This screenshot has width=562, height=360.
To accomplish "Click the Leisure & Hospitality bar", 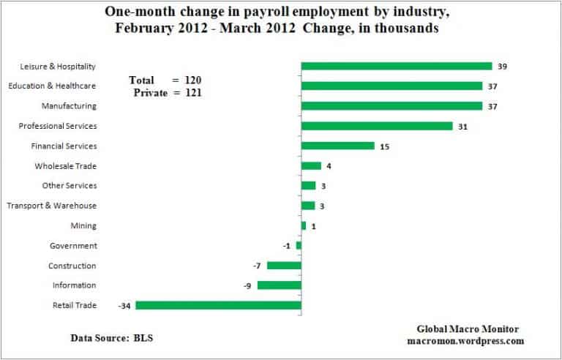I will [396, 66].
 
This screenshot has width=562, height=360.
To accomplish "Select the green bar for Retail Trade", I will [218, 305].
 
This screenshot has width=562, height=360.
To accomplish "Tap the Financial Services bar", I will [337, 146].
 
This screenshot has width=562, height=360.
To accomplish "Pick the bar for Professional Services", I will [377, 126].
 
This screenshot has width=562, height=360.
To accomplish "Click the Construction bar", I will [284, 266].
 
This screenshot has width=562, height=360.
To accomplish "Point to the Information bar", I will [279, 285].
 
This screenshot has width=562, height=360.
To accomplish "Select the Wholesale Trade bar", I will [311, 166].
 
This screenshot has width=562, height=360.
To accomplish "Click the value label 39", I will [502, 67].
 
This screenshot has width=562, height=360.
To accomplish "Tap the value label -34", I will [125, 306].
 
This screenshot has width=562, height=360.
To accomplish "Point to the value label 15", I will [385, 146].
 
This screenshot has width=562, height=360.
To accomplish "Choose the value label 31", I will [462, 127].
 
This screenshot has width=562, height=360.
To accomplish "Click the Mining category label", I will [83, 226].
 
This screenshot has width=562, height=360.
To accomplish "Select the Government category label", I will [73, 246].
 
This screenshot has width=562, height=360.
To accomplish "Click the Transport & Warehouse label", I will [52, 206].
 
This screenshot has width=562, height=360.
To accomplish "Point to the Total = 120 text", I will [165, 80].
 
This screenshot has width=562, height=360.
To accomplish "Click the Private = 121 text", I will [168, 93].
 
